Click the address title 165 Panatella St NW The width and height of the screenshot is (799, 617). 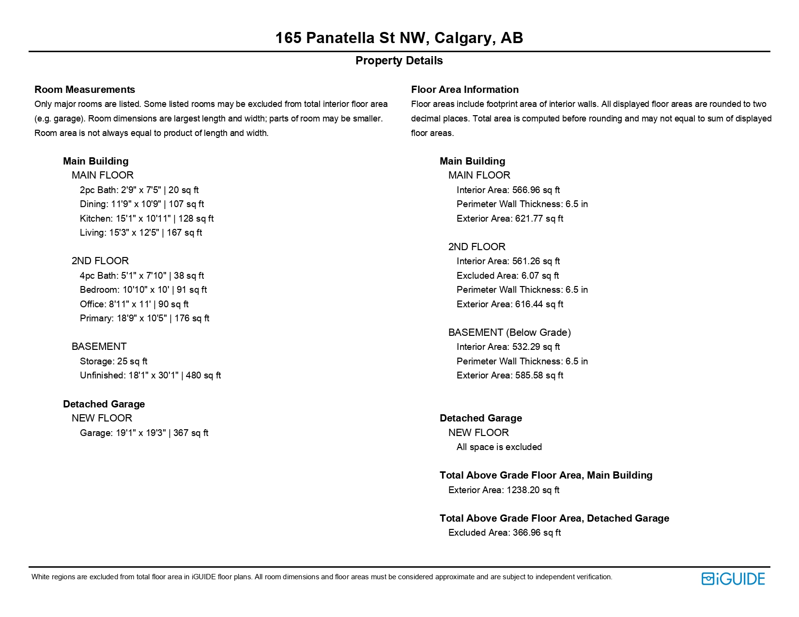(x=399, y=38)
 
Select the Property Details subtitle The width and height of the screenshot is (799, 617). (x=399, y=60)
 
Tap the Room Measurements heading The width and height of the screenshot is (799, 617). (x=85, y=90)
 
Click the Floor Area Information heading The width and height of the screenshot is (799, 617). (x=464, y=90)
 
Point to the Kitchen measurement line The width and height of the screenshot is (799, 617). (x=147, y=218)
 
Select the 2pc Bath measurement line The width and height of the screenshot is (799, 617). (x=139, y=190)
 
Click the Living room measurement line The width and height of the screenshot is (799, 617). (x=141, y=232)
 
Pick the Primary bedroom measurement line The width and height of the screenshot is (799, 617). (x=144, y=318)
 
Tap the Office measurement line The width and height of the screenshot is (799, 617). (x=134, y=304)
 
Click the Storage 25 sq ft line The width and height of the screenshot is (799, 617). (x=113, y=361)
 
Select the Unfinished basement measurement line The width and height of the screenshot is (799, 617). (x=150, y=375)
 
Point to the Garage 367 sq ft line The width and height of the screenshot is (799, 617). (x=144, y=433)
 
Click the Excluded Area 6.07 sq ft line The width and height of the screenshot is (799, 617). (x=507, y=275)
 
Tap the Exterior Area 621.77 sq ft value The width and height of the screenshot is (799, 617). (x=510, y=218)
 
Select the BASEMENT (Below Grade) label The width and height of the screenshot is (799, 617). (x=509, y=332)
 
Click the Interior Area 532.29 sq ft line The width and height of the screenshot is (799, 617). (x=508, y=346)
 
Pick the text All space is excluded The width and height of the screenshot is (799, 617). (x=499, y=447)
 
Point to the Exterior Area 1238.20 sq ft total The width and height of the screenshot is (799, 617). (x=504, y=490)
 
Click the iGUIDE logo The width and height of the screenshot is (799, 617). (x=733, y=579)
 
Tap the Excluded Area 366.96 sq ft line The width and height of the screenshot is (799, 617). (x=504, y=532)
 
